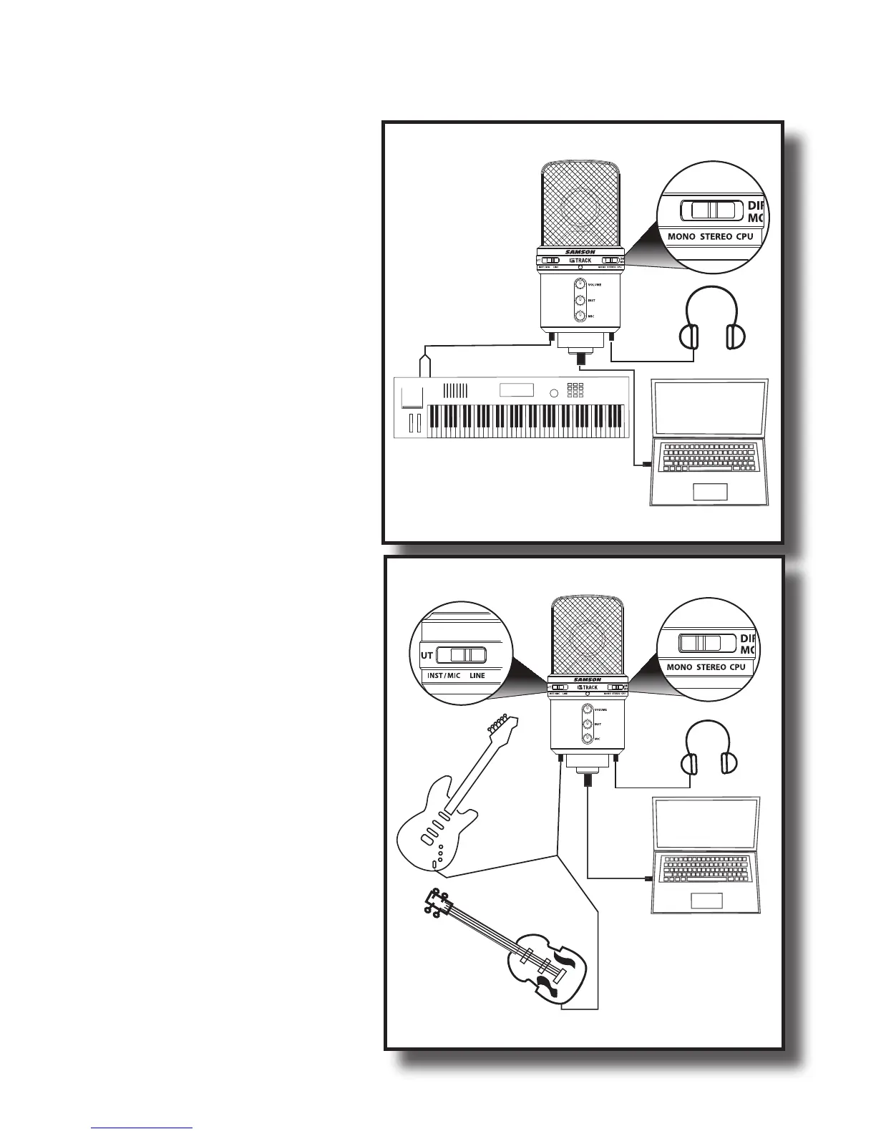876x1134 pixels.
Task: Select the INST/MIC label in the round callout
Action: point(444,675)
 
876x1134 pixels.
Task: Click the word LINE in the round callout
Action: point(477,675)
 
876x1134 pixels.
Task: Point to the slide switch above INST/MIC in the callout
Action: point(462,654)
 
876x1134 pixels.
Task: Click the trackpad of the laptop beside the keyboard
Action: point(710,491)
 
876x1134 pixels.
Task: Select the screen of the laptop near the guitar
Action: point(706,823)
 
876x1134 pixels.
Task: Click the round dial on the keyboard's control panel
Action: point(553,392)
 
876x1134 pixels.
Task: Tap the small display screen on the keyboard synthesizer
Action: point(516,390)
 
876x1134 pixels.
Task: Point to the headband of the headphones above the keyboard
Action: point(711,301)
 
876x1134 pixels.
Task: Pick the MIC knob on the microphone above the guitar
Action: point(588,739)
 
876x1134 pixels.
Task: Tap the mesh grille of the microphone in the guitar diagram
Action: point(587,637)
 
